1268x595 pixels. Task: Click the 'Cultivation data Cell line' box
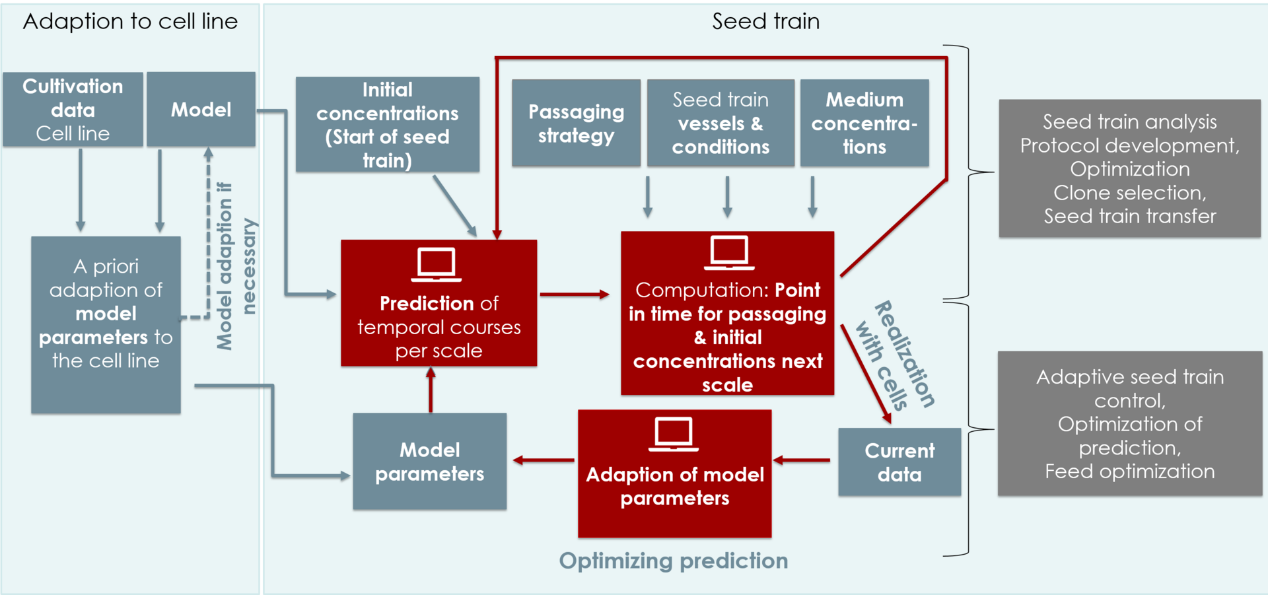point(73,110)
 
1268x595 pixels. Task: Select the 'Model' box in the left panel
point(201,110)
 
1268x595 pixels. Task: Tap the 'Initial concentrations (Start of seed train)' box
point(388,125)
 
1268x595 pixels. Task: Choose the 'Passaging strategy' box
point(576,123)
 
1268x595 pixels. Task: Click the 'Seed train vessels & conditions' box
point(721,123)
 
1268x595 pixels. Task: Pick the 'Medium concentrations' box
point(864,123)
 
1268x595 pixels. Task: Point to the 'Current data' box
point(899,462)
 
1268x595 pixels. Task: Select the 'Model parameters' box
point(430,462)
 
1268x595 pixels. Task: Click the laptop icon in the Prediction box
point(437,265)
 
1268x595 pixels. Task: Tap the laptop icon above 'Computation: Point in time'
point(729,253)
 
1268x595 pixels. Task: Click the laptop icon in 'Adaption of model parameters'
point(674,435)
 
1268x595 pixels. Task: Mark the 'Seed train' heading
point(765,21)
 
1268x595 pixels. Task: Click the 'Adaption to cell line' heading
point(130,21)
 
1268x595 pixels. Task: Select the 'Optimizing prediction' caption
point(673,561)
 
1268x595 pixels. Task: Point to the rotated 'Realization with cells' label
point(896,355)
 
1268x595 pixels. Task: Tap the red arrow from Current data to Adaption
point(802,460)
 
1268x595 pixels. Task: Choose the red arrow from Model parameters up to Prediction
point(431,390)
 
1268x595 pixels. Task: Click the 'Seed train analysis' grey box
point(1129,168)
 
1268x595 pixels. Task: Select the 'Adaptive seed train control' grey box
point(1129,423)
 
